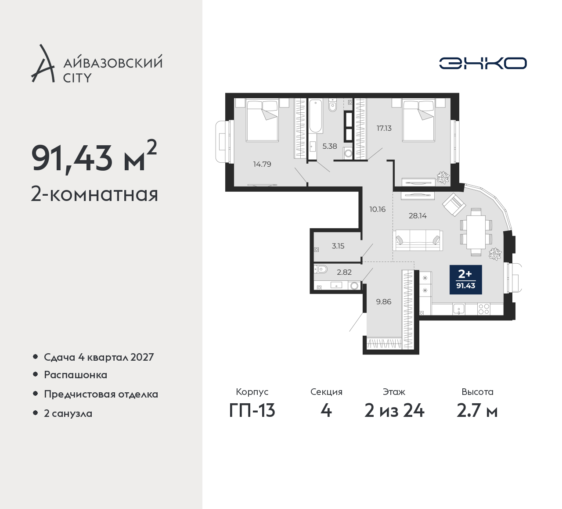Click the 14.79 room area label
click(x=262, y=164)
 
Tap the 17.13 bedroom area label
click(x=384, y=128)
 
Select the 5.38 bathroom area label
click(x=329, y=146)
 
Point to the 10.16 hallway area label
click(x=378, y=209)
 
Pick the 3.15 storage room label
click(x=338, y=246)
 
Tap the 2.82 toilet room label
click(x=344, y=272)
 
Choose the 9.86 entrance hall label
click(x=384, y=302)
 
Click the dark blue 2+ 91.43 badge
click(x=465, y=280)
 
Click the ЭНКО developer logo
click(x=483, y=63)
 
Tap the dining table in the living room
click(x=476, y=232)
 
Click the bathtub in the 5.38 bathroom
click(x=315, y=115)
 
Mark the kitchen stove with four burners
click(x=484, y=309)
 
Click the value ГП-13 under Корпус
click(x=252, y=411)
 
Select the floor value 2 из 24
click(x=394, y=411)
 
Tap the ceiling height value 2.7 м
click(x=477, y=411)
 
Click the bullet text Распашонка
click(x=76, y=375)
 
